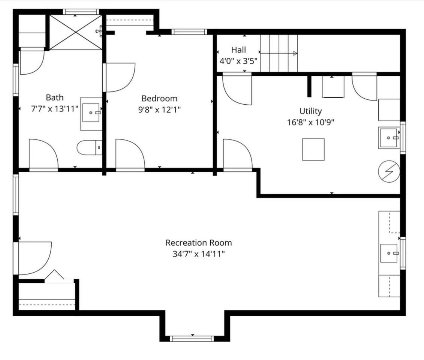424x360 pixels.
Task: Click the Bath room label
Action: point(55,97)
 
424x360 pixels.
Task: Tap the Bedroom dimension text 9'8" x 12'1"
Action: point(160,109)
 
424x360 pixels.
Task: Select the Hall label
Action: point(238,50)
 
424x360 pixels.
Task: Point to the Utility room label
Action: point(310,111)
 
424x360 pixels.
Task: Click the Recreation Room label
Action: point(199,243)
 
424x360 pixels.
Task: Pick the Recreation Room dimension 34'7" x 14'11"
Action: point(199,254)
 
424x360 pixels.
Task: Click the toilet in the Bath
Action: point(90,148)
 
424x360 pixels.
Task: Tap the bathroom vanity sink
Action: point(91,112)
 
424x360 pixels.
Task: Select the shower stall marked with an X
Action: point(76,33)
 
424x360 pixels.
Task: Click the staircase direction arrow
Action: point(279,53)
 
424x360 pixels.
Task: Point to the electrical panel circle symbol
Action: point(389,171)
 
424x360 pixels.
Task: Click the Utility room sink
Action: point(389,138)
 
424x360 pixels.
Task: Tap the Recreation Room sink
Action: point(389,253)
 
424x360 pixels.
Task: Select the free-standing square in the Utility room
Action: point(313,149)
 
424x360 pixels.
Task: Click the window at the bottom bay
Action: point(192,338)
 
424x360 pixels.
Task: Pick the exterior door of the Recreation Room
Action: point(33,259)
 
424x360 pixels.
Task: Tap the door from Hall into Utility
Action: point(237,89)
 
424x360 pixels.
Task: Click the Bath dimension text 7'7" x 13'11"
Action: point(55,109)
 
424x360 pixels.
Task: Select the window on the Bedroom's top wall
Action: point(189,32)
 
